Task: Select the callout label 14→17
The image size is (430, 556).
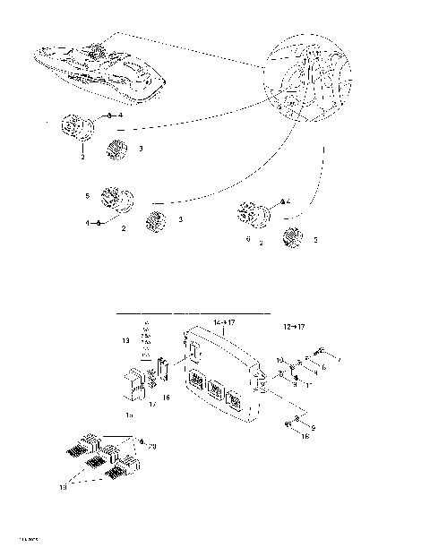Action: pos(224,320)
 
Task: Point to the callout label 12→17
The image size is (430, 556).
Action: pos(292,329)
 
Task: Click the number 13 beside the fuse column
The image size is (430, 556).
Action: pos(125,342)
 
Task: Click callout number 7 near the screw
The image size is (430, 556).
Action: pos(337,359)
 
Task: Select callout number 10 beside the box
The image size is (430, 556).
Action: pos(279,362)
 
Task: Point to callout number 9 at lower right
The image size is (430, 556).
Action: pos(313,428)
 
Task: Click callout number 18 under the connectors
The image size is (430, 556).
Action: pos(88,488)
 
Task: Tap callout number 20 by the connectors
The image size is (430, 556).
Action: pos(150,445)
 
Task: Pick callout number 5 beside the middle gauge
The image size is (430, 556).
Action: pos(86,195)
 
